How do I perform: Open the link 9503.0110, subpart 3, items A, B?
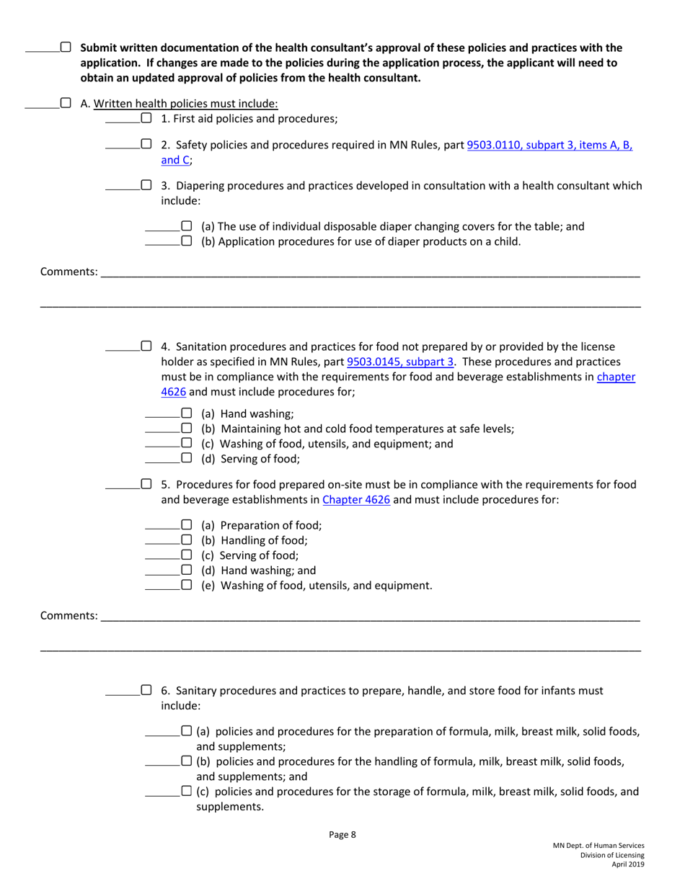[549, 145]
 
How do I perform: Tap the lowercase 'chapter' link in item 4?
[616, 377]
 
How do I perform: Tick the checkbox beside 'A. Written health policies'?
[66, 103]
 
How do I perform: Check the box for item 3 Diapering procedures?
[146, 186]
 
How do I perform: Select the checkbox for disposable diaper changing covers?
[186, 226]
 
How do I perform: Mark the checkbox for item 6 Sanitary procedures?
[146, 690]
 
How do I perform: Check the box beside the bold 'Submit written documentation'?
[66, 48]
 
